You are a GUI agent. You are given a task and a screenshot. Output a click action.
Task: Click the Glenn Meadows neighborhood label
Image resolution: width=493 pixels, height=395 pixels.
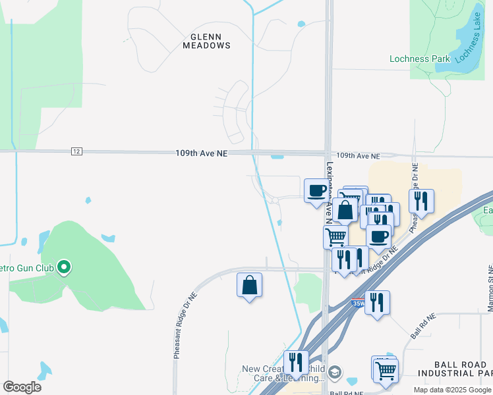[210, 41]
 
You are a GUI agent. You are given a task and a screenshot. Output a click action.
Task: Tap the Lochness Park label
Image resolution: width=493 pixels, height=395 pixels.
[419, 59]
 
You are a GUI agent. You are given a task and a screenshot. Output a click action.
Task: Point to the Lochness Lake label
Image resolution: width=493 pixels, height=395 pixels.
[469, 47]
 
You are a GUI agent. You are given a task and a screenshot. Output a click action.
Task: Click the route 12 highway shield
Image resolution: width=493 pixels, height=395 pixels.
[76, 152]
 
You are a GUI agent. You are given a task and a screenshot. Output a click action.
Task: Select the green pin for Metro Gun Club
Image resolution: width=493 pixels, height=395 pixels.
[64, 267]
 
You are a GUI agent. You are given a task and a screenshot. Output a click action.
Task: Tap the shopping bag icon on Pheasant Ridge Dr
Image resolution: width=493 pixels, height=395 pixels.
[249, 286]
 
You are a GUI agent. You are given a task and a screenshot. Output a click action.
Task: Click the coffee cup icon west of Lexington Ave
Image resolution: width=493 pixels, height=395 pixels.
[316, 191]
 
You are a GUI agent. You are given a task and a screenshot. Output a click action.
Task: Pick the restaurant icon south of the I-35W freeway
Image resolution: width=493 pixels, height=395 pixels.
[377, 303]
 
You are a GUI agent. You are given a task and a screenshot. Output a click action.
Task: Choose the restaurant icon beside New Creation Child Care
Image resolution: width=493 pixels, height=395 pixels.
[295, 362]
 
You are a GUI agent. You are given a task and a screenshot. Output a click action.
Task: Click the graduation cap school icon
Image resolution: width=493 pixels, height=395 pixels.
[335, 373]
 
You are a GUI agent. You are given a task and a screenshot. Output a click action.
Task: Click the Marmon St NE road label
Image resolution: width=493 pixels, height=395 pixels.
[489, 290]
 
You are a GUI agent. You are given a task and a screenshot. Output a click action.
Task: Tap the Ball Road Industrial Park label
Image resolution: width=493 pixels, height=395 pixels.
[463, 369]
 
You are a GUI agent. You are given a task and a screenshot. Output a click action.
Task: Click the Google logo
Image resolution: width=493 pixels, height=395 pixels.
[22, 386]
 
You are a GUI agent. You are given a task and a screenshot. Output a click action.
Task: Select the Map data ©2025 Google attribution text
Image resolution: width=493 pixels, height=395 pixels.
[451, 390]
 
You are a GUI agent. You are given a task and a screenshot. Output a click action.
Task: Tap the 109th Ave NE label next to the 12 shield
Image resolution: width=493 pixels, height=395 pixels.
[201, 153]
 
